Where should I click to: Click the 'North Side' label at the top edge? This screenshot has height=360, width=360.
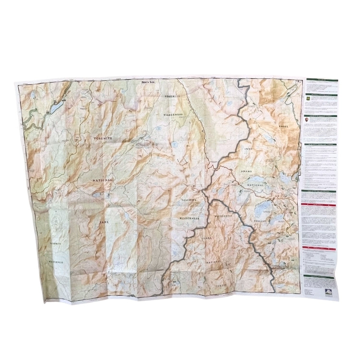pyautogui.click(x=148, y=82)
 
